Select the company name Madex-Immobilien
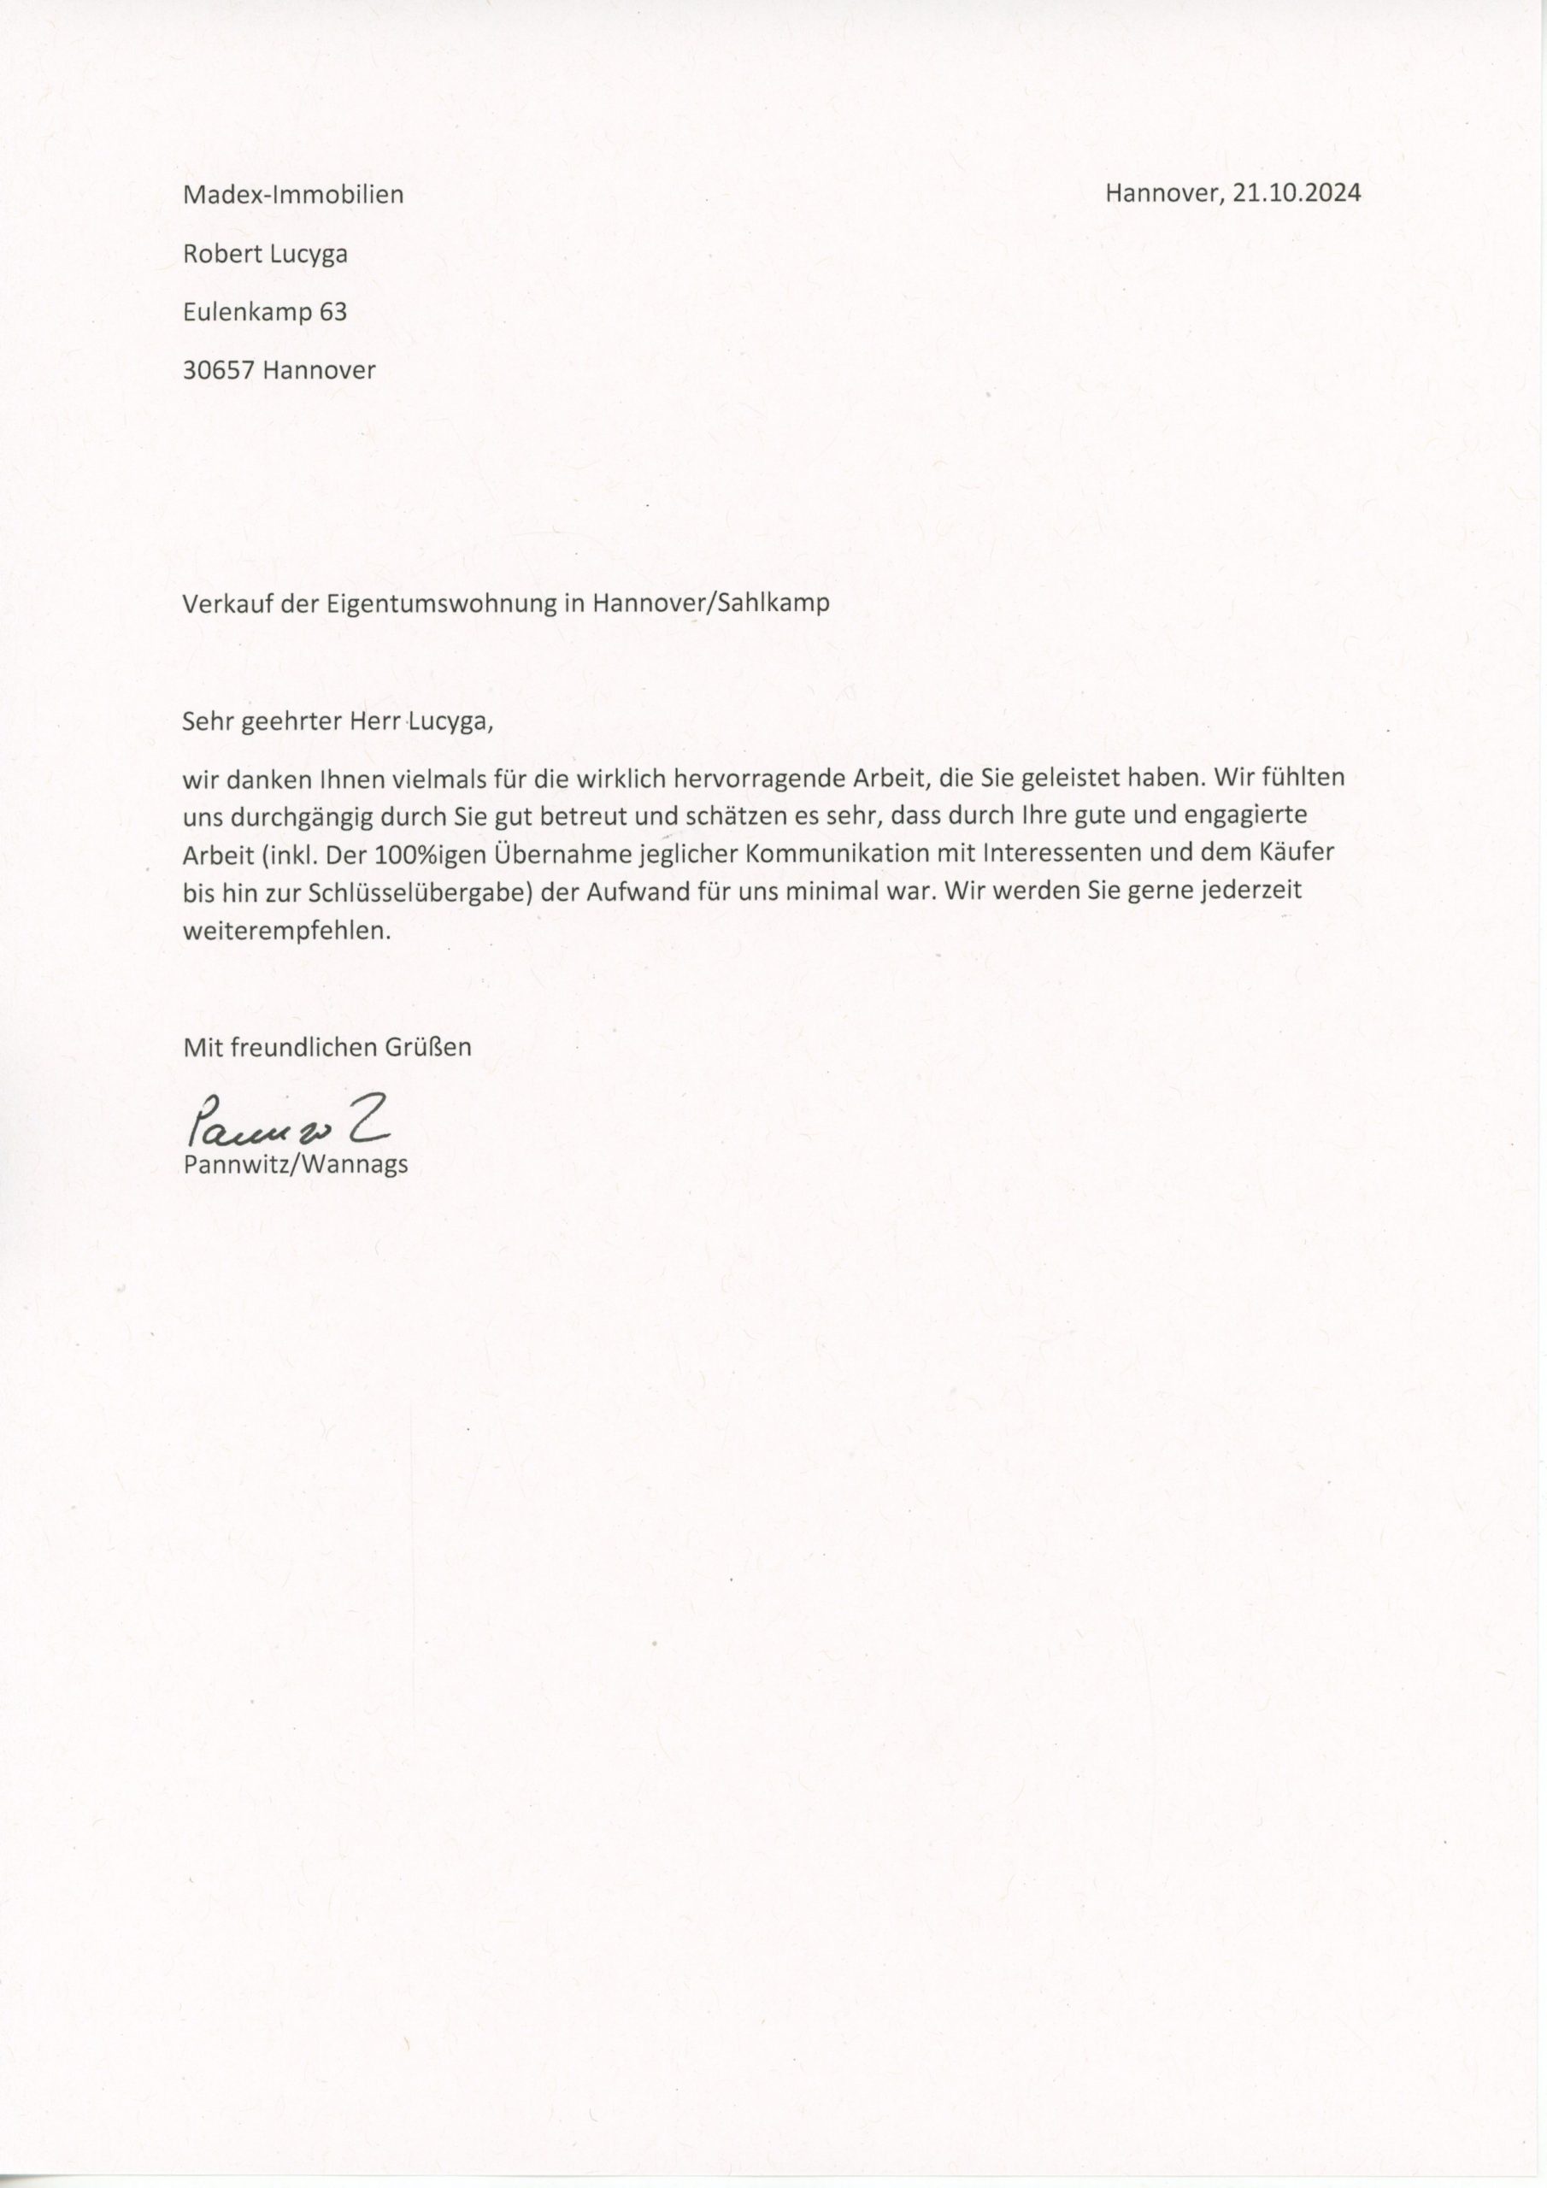click(293, 196)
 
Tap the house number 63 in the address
click(332, 312)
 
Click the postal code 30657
click(218, 370)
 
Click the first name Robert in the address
click(216, 254)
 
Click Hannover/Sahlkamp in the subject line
click(710, 603)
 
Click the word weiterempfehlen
click(287, 931)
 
